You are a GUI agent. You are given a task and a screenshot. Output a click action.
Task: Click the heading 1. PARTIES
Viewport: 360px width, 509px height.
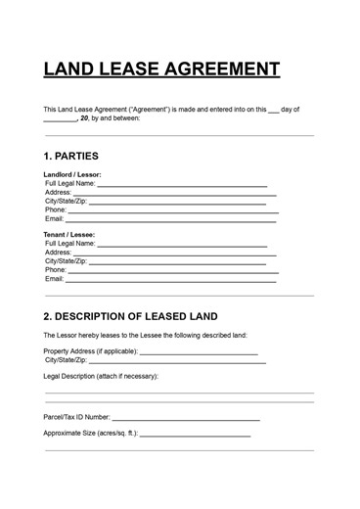click(71, 156)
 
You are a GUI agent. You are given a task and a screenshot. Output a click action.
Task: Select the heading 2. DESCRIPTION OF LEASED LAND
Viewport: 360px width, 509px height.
click(130, 316)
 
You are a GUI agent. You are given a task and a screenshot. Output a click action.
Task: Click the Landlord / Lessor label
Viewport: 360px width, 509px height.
click(72, 174)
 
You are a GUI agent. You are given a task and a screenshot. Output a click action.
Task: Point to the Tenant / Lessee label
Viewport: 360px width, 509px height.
click(68, 235)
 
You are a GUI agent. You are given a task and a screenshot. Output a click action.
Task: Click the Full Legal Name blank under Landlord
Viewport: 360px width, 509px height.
click(181, 183)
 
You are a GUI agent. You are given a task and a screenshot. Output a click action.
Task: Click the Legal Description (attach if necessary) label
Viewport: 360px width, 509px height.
click(101, 376)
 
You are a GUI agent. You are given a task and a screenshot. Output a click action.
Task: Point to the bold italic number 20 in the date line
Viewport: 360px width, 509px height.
click(85, 118)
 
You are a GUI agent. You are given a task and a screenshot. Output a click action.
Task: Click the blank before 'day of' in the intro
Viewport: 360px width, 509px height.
click(273, 110)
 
